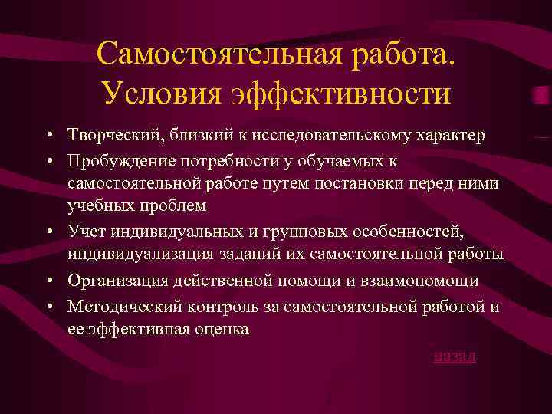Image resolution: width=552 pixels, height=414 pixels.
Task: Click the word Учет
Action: pyautogui.click(x=86, y=231)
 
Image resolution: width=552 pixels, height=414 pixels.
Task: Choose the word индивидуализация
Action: pyautogui.click(x=137, y=255)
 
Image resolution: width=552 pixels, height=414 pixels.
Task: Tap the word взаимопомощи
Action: pyautogui.click(x=419, y=281)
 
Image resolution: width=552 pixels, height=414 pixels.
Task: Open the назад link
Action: pyautogui.click(x=454, y=356)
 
